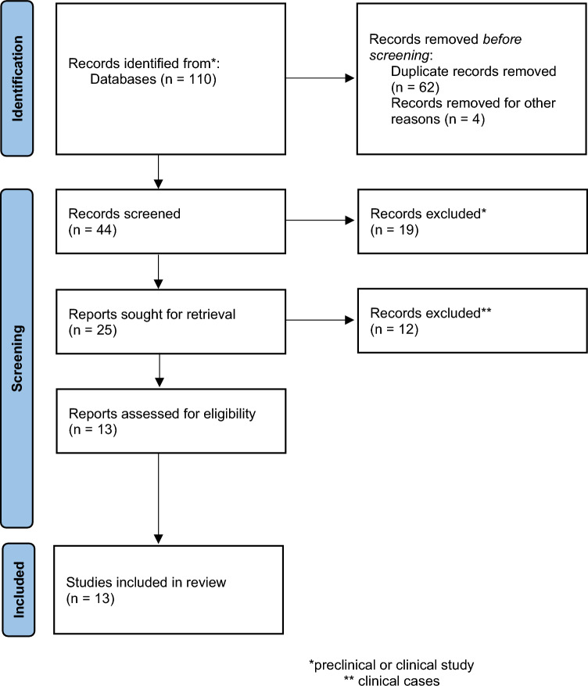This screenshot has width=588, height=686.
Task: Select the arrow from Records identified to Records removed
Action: coord(321,79)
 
